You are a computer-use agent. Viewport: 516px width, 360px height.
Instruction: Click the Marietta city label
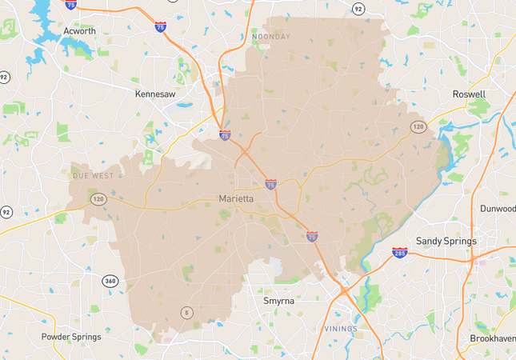[237, 198]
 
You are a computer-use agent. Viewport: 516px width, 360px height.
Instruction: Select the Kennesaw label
[155, 94]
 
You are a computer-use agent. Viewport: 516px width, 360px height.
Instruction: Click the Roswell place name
[469, 94]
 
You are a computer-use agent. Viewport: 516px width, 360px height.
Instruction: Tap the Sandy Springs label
[446, 241]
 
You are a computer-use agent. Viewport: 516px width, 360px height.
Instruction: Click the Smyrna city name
[280, 301]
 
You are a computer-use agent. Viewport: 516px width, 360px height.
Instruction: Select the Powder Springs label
[71, 337]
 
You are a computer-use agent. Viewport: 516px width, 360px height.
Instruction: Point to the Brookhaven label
[493, 339]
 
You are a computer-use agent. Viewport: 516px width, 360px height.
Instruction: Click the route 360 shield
[110, 281]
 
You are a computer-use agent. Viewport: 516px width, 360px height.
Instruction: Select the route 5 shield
[186, 312]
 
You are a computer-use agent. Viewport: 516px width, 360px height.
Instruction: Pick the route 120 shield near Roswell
[418, 126]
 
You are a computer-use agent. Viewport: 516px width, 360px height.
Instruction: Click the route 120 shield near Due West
[96, 198]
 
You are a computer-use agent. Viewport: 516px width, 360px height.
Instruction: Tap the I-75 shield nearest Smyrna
[311, 237]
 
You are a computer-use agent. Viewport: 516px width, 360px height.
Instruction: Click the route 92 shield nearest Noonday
[358, 9]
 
